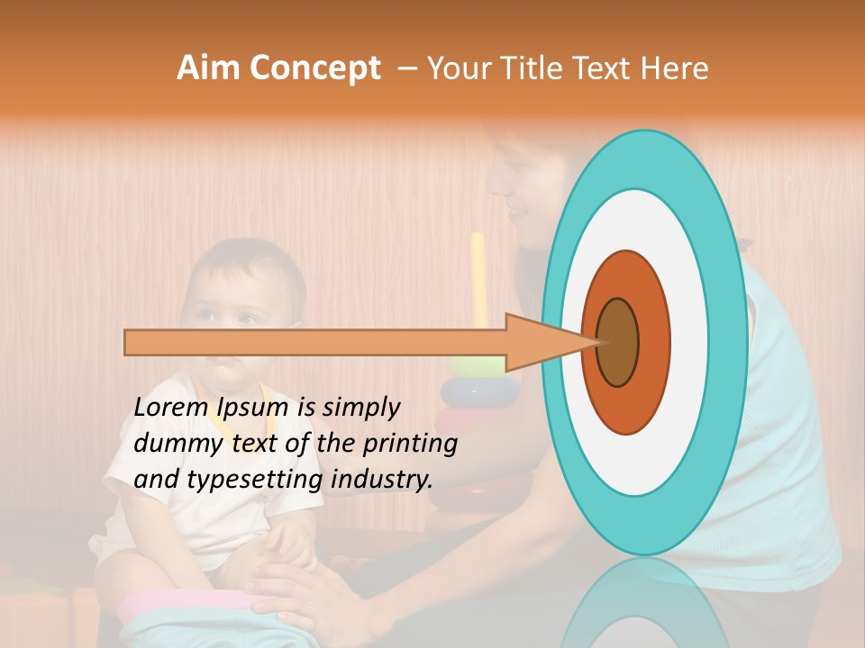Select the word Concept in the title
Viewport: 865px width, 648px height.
[x=314, y=68]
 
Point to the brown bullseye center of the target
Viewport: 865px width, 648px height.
[x=617, y=342]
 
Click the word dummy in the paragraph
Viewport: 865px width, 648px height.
[x=171, y=443]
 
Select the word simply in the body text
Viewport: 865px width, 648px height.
[x=360, y=407]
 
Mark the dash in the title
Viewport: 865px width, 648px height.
[x=406, y=68]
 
